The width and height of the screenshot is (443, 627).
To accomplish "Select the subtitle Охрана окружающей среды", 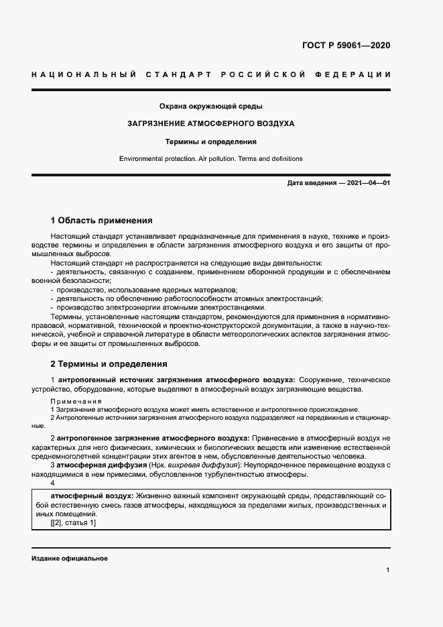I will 210,107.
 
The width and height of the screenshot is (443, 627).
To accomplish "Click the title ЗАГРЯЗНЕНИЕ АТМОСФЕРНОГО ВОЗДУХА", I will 210,124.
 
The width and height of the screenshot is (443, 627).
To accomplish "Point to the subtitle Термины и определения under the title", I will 210,141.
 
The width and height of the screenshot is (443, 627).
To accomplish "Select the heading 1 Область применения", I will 102,220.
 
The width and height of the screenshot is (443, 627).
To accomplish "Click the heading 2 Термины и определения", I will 109,364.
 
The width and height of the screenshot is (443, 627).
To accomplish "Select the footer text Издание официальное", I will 69,558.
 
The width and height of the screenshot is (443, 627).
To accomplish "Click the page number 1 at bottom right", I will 388,570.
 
